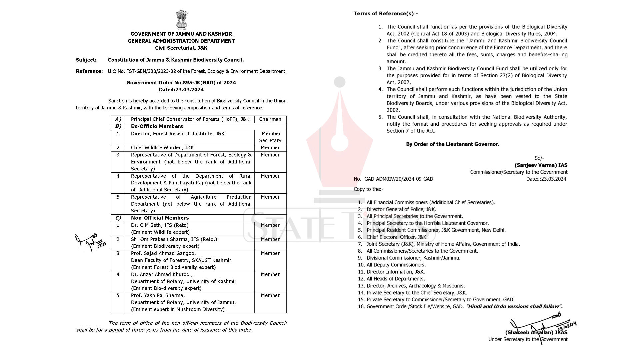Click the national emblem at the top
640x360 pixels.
(x=181, y=19)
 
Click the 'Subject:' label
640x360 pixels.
(x=86, y=60)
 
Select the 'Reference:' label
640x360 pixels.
(x=89, y=71)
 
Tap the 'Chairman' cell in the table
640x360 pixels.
(x=270, y=119)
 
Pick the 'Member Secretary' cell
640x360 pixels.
(x=270, y=137)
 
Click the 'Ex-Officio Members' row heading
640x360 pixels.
(x=157, y=126)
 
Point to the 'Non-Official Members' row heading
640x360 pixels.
(x=160, y=218)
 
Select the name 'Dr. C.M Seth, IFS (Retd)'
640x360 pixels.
(x=160, y=225)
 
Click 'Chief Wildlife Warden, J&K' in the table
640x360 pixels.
(x=162, y=148)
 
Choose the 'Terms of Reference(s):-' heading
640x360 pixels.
(x=385, y=14)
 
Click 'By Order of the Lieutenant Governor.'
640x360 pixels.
(x=452, y=144)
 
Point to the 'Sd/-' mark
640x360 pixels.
(x=539, y=158)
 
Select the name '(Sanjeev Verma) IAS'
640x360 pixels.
(x=541, y=165)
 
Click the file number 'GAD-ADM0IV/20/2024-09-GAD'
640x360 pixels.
(x=399, y=179)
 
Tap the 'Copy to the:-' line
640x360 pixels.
(x=368, y=189)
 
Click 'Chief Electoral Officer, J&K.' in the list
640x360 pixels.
(x=397, y=237)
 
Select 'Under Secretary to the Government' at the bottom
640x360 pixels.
(x=528, y=340)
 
